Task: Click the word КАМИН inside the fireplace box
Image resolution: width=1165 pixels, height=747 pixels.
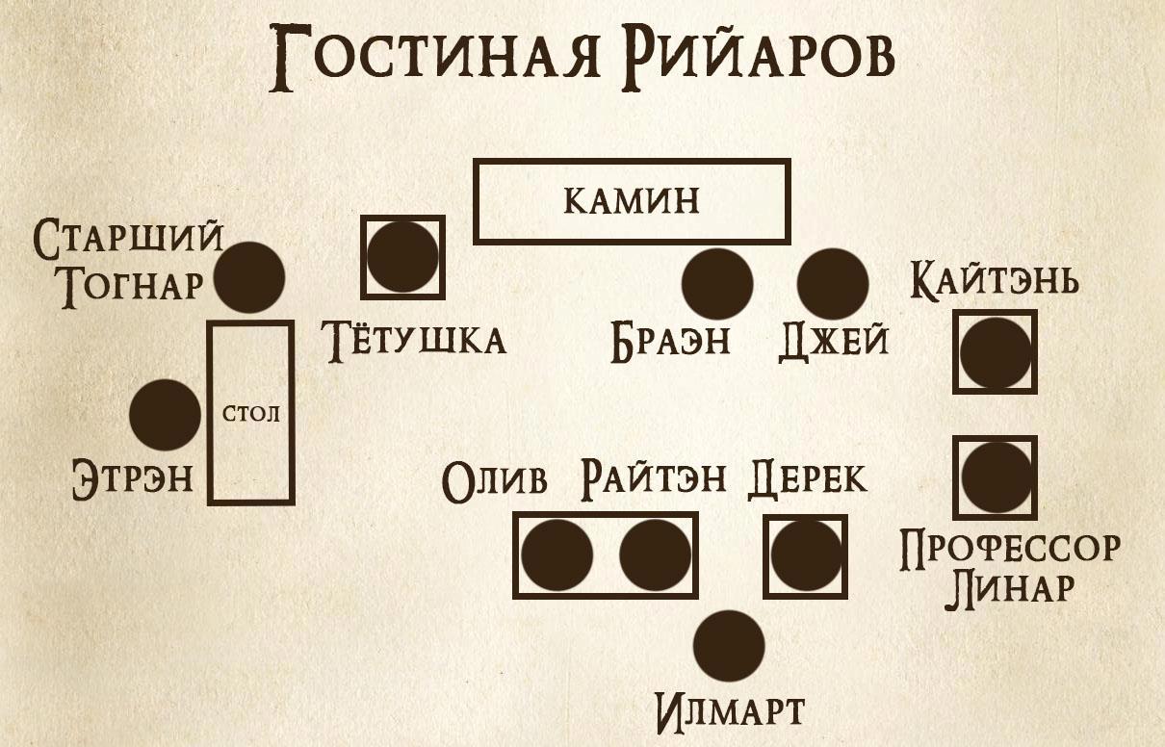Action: pos(631,201)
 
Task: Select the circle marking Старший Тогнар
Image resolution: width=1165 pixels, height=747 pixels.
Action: pos(249,276)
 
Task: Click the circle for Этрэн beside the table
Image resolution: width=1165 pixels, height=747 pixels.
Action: pos(165,415)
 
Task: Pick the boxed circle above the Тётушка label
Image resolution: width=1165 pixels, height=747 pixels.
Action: pos(402,256)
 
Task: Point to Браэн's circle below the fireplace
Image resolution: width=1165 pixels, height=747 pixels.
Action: pos(717,284)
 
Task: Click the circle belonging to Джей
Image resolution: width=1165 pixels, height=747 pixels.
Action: pos(833,284)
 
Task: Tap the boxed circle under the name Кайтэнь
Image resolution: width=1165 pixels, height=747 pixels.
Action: pos(995,351)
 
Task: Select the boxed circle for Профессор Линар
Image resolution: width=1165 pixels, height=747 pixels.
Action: pos(995,476)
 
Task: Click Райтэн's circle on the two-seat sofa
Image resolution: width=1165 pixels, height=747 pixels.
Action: pos(655,555)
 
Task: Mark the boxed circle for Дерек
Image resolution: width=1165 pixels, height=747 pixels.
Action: pos(805,555)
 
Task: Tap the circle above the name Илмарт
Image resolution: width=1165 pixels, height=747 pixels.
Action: pos(729,645)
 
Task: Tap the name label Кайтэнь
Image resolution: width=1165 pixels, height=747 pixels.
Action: pos(995,282)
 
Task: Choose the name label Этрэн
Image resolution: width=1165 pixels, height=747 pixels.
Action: pos(133,479)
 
